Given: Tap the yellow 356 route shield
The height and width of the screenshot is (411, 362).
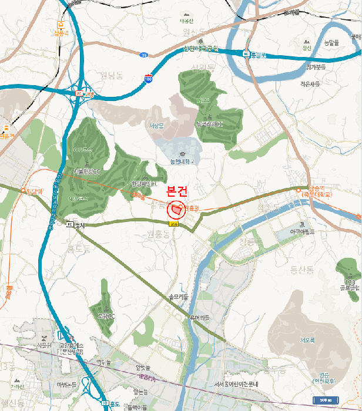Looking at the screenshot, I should coord(173,224).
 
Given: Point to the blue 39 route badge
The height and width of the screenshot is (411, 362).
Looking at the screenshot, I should coord(143,55).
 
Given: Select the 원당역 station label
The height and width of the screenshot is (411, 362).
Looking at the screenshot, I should coord(30,190).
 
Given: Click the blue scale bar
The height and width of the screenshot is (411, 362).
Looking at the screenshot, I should coord(325,400).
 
